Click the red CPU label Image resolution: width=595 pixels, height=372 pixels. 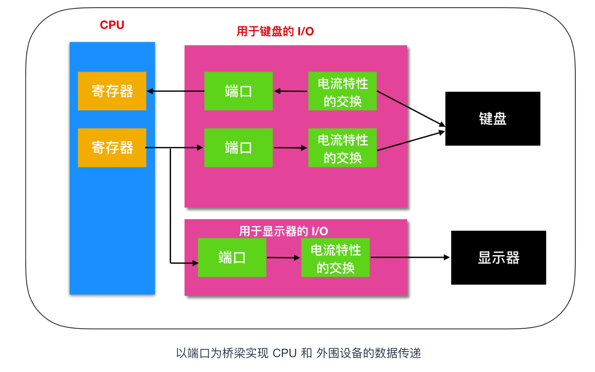point(112,25)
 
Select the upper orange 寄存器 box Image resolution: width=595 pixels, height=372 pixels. point(112,91)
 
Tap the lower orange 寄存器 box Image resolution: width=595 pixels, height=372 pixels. point(112,148)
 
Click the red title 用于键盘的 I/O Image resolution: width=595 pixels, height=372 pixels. point(275,31)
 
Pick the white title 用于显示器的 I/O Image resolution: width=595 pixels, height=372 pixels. point(283,231)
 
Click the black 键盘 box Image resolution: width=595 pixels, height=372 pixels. point(492,119)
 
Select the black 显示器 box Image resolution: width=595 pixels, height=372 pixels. point(498,258)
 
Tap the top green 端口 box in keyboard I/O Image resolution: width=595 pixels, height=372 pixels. point(239,91)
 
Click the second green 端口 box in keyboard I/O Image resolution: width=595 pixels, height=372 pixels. point(239,148)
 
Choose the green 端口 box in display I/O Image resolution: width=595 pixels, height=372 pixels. point(232,258)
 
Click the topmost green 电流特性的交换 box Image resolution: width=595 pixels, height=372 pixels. point(342,91)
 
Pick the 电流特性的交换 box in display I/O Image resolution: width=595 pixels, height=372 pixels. point(335,258)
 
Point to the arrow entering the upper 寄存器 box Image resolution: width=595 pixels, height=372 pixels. point(175,91)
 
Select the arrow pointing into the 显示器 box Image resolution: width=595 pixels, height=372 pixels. point(410,257)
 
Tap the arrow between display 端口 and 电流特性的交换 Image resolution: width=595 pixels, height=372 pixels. point(283,258)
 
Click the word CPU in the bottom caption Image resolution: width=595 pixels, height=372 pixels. point(284,353)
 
